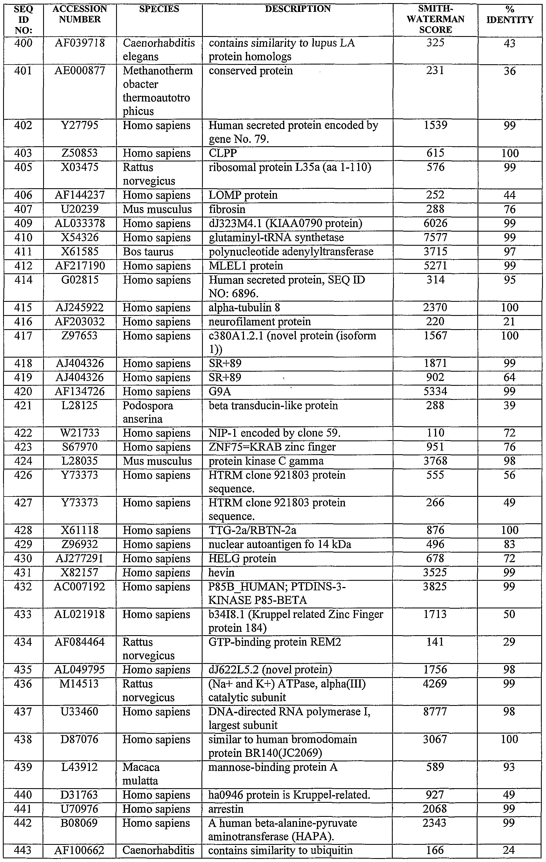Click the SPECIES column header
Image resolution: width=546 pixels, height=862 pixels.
pos(159,9)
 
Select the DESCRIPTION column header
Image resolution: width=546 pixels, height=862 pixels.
pos(298,9)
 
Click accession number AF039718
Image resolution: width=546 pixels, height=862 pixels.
pos(80,43)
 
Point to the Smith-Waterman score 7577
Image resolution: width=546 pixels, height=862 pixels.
pos(436,238)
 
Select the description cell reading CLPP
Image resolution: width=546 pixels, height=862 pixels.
pos(223,153)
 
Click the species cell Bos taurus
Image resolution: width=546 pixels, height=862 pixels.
pos(148,252)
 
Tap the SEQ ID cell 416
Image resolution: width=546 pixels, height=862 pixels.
pos(23,322)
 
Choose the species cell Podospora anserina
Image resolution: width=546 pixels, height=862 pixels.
pos(148,412)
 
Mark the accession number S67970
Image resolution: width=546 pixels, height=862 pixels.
pos(80,447)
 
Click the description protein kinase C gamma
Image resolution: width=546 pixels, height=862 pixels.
pos(266,461)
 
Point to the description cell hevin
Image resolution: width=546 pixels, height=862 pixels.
pos(221,573)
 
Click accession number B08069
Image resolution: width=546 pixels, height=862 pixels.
pos(80,823)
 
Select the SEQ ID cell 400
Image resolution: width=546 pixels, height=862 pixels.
pos(23,43)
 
